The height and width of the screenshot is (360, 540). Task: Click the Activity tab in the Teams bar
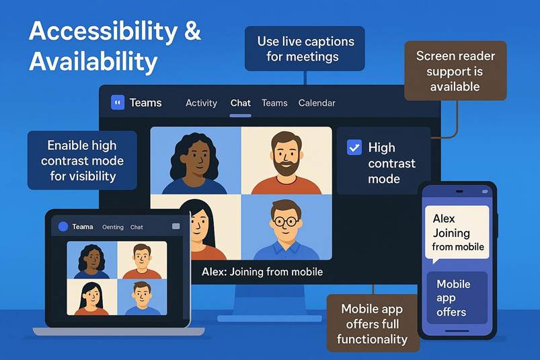201,103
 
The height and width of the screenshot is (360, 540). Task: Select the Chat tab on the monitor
240,103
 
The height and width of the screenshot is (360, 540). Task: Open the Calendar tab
317,103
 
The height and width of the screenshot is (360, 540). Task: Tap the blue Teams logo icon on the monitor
118,102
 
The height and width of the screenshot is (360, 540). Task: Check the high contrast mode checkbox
354,147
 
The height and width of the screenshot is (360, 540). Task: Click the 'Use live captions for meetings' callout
305,48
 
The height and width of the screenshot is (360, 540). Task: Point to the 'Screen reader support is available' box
455,71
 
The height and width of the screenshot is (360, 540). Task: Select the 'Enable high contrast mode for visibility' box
82,161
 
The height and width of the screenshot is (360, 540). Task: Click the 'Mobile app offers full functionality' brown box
373,324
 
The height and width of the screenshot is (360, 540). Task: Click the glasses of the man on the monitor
286,221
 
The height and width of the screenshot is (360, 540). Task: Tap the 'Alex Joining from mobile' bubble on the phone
457,233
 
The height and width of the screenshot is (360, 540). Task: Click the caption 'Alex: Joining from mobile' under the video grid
262,272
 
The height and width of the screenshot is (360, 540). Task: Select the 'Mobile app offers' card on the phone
457,298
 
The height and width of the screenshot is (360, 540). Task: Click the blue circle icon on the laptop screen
63,226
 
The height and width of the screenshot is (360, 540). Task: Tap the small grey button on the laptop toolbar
176,226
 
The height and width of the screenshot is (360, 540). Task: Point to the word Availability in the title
93,62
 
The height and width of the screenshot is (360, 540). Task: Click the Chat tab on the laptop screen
137,227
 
